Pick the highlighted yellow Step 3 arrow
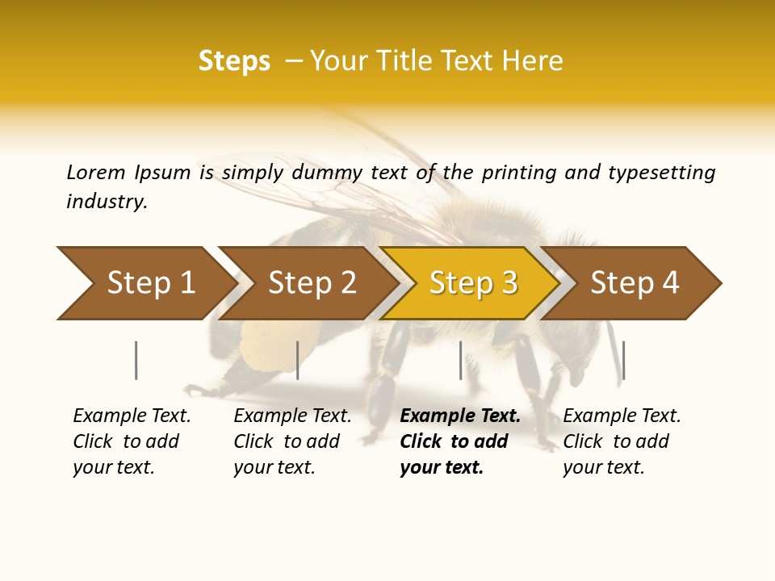(472, 283)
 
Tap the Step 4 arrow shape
(634, 283)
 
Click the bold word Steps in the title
(234, 61)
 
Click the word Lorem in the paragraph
(95, 173)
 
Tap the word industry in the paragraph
(107, 202)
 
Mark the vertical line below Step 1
(136, 360)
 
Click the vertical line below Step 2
(298, 360)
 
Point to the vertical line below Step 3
(461, 360)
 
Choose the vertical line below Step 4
(623, 360)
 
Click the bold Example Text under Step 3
(460, 416)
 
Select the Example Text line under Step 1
(132, 416)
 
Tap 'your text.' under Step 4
(603, 467)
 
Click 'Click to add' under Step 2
(287, 441)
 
